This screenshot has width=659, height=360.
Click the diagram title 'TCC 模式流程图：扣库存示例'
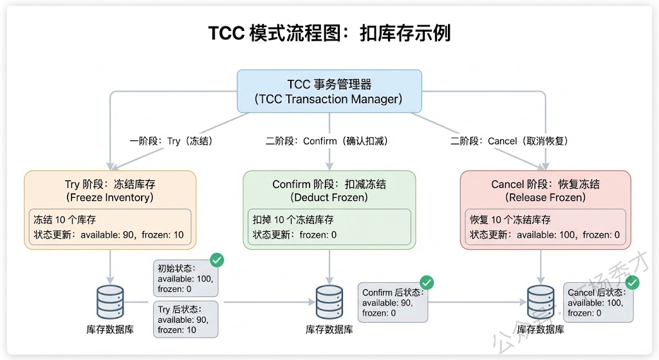click(x=329, y=33)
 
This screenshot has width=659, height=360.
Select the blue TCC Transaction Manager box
click(x=329, y=91)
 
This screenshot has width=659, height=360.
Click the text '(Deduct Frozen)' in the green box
click(x=329, y=197)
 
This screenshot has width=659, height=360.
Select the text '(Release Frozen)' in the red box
click(x=545, y=197)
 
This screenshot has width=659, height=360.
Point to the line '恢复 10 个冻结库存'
click(x=510, y=220)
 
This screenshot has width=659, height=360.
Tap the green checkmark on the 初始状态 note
click(x=218, y=260)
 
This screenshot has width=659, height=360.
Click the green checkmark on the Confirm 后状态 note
click(x=426, y=282)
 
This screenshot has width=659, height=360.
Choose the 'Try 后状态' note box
click(x=185, y=319)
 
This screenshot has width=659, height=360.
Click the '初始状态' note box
click(x=185, y=278)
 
